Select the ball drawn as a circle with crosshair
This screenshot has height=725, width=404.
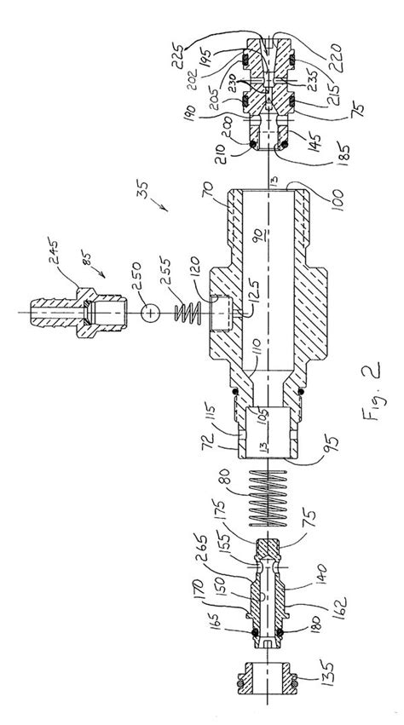pyautogui.click(x=151, y=314)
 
